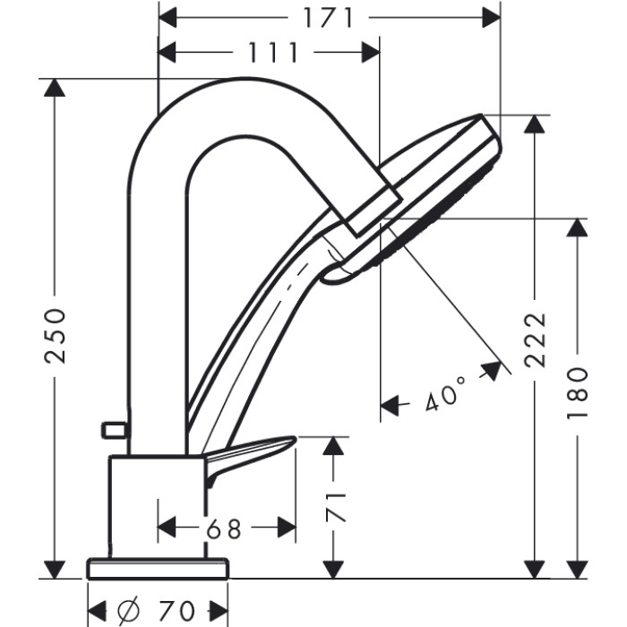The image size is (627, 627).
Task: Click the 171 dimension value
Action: click(329, 18)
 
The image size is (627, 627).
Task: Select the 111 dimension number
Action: click(273, 52)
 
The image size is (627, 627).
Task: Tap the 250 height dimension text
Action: click(56, 336)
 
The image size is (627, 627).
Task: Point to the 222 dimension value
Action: click(536, 339)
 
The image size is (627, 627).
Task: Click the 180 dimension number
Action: click(578, 393)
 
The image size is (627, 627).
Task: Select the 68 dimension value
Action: click(224, 529)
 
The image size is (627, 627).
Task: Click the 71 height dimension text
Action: click(335, 508)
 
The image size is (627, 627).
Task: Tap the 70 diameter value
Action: click(176, 610)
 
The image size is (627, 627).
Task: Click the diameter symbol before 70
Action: click(129, 610)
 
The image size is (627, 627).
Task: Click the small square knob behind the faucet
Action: click(115, 430)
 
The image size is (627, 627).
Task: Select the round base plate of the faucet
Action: click(158, 568)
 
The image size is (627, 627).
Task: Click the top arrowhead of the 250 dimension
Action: click(55, 88)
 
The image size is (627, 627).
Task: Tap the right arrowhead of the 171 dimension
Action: click(491, 18)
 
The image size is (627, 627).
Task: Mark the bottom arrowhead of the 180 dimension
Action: click(578, 570)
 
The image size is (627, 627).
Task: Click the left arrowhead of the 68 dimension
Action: click(167, 527)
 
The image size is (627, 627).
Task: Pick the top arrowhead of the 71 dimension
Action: click(333, 446)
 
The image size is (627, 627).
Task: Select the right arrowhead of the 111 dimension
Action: click(371, 52)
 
